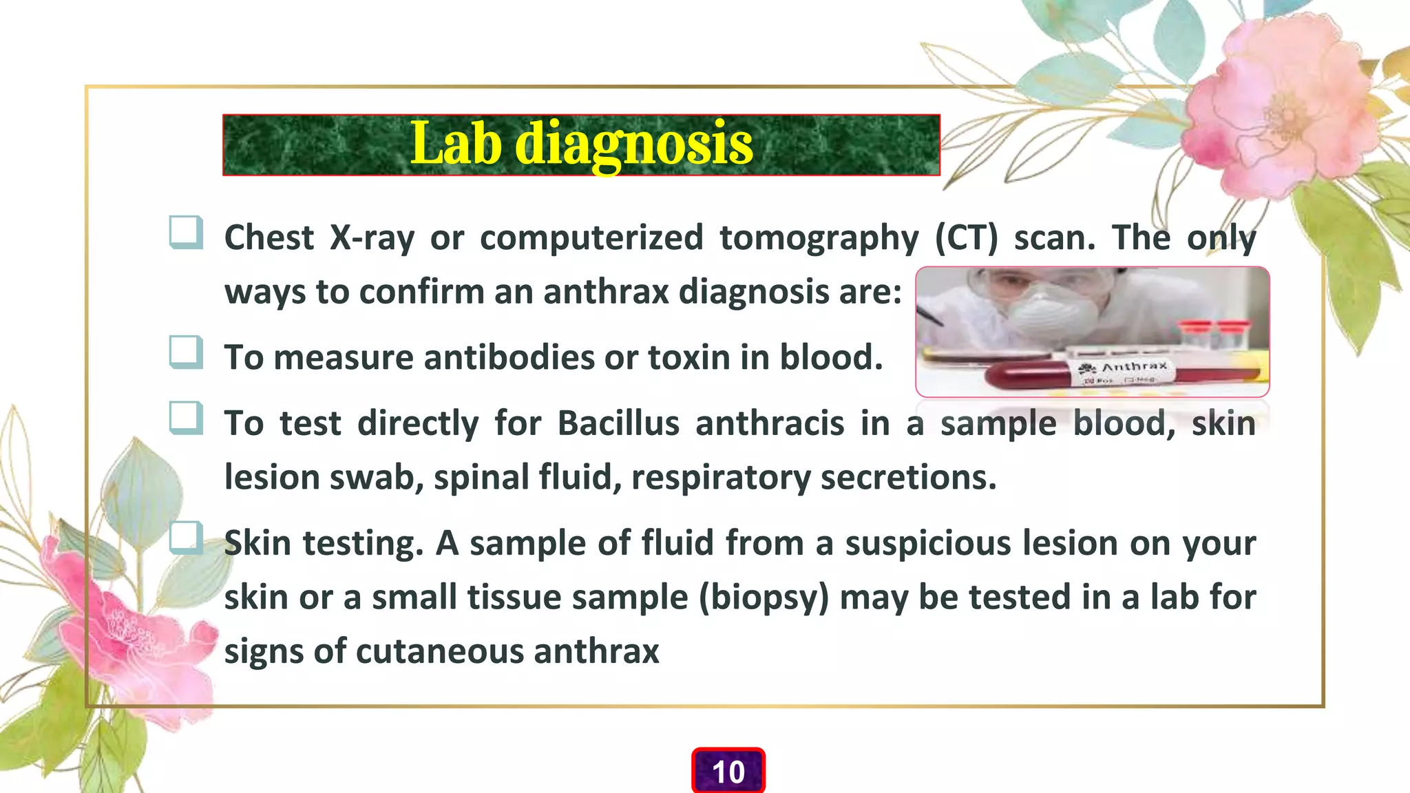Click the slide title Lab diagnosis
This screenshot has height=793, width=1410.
point(581,145)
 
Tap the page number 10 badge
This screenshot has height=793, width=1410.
point(728,772)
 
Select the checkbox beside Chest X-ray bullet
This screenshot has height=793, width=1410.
point(186,232)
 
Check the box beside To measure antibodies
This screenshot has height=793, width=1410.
point(186,352)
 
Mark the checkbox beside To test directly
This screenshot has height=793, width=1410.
point(186,418)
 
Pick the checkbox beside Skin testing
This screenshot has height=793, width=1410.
point(186,538)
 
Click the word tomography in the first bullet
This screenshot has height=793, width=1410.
point(819,238)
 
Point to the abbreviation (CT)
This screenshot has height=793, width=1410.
point(966,238)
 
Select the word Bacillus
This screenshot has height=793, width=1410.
point(618,423)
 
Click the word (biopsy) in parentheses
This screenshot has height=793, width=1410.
point(764,598)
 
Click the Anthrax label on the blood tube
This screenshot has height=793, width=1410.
point(1135,367)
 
